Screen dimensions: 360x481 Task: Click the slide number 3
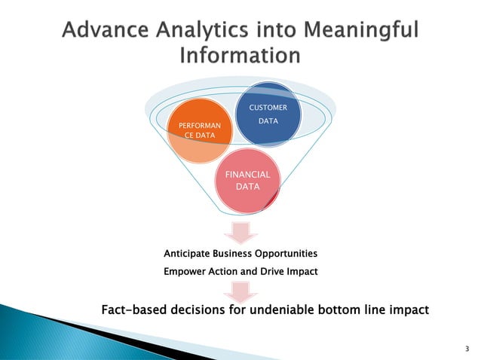pos(467,349)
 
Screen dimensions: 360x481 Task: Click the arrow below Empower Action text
pos(241,291)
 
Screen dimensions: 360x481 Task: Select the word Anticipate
pos(191,253)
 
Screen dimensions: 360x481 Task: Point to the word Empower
pos(185,271)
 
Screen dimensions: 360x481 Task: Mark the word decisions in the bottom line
pos(198,308)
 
